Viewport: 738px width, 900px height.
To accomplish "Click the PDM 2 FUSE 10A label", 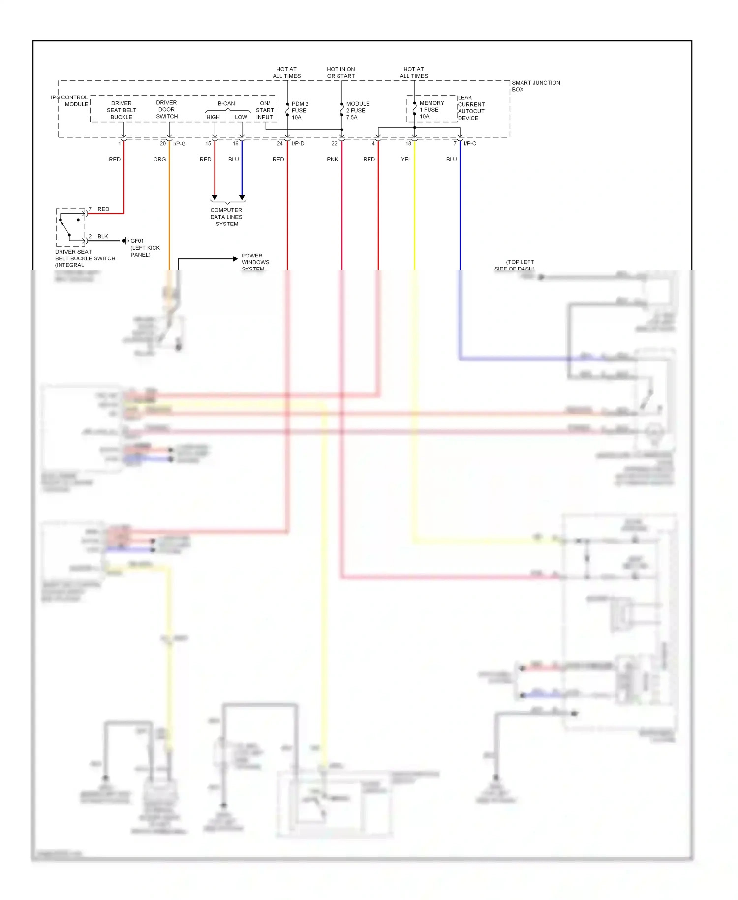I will [300, 111].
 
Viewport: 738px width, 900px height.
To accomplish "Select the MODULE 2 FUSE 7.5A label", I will [358, 111].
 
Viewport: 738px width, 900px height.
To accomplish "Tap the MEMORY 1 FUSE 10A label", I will [431, 110].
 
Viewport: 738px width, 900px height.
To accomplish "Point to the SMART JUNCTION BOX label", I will [535, 86].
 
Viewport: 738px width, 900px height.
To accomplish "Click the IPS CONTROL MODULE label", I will [69, 101].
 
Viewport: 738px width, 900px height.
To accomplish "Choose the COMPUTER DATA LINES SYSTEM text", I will [226, 217].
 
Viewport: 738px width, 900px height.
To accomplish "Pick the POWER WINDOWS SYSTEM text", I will [255, 262].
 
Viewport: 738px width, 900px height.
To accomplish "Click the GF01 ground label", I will [137, 241].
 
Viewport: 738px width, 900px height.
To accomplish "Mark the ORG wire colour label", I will [159, 160].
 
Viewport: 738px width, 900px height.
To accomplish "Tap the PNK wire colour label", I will [333, 160].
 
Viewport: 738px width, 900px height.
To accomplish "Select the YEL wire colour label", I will [406, 160].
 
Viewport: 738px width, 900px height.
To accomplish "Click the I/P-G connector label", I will [180, 144].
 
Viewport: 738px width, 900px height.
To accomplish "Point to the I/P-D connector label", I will [298, 144].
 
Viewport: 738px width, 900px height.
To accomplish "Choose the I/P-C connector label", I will [470, 144].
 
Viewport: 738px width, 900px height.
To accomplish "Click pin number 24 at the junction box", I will [280, 144].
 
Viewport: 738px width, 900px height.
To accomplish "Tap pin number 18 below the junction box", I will [408, 144].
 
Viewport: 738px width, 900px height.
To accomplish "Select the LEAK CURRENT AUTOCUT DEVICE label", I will [471, 108].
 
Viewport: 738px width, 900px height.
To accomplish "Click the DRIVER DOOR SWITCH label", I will [167, 110].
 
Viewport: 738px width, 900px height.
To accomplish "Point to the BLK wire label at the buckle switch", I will [102, 237].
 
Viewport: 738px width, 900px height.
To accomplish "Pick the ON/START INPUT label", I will [265, 110].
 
